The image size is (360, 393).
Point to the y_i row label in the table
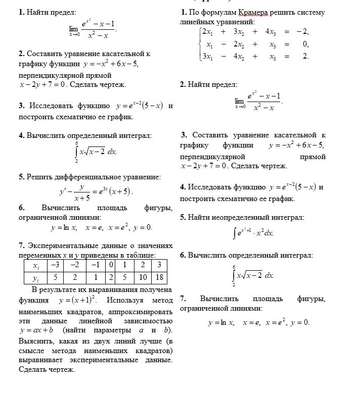tap(35, 277)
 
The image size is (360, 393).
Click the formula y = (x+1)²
tap(78, 300)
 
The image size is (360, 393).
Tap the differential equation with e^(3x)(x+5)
tap(96, 192)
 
